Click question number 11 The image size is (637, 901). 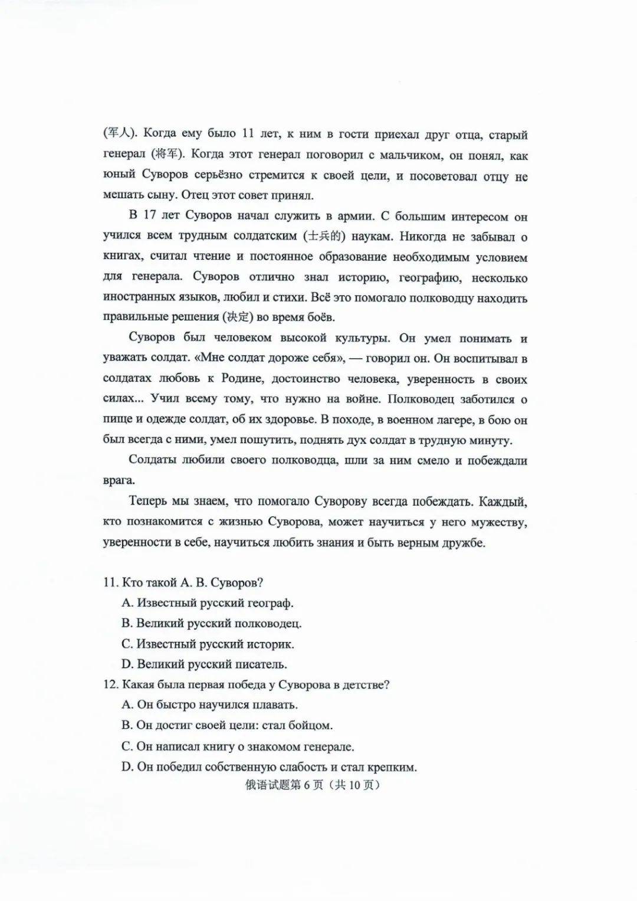(110, 582)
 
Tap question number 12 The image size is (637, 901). (110, 684)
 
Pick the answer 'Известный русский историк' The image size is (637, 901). (208, 644)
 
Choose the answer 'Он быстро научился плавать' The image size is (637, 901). (209, 705)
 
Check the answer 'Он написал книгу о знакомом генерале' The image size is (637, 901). (238, 746)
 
